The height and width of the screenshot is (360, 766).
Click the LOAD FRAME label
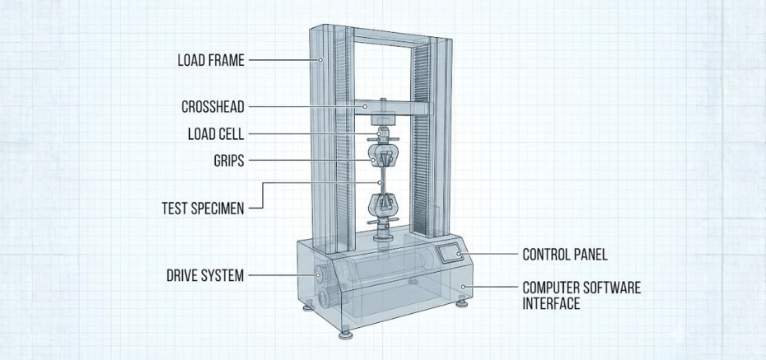click(210, 60)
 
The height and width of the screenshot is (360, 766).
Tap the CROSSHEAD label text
click(213, 107)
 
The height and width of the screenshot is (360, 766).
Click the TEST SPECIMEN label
click(202, 208)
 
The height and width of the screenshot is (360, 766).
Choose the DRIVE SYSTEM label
click(205, 275)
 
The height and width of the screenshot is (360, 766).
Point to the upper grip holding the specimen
click(381, 157)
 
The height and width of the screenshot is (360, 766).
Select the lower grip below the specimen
click(381, 205)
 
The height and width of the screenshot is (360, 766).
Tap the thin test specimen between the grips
click(381, 180)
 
